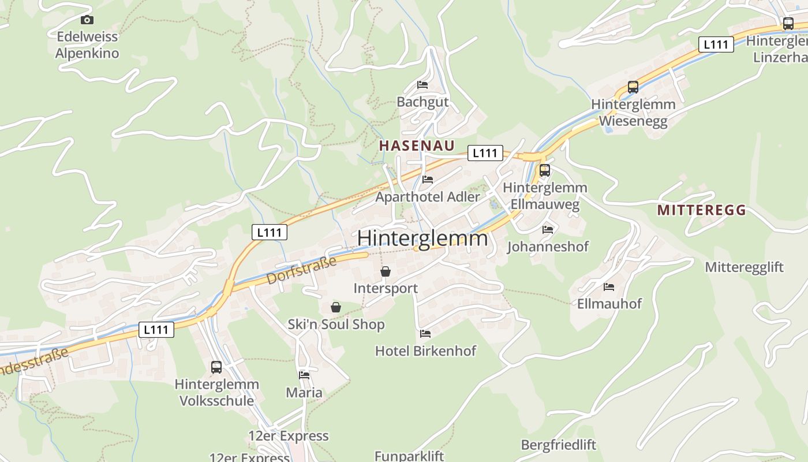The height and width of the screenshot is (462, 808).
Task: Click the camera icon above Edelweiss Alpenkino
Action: point(87,20)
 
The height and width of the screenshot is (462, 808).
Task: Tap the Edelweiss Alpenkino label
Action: point(87,45)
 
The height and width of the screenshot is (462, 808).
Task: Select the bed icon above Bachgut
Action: point(422,85)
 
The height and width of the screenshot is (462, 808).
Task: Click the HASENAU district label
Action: point(417,146)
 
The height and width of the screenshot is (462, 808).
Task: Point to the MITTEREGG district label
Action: point(701,210)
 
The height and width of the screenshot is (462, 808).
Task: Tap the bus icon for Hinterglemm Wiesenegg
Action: point(633,87)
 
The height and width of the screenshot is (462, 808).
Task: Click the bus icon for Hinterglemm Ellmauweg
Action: point(544,170)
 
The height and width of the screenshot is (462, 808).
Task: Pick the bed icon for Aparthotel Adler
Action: point(428,180)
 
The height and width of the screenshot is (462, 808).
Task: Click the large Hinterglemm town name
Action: point(422,238)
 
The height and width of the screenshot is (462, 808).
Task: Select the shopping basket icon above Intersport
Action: point(386,271)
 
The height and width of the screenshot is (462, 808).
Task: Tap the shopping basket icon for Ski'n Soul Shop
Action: point(336,307)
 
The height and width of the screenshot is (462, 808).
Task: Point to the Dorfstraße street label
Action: point(301,271)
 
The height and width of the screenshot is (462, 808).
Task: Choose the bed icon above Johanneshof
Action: point(548,230)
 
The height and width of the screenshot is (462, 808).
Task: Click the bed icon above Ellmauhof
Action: point(609,286)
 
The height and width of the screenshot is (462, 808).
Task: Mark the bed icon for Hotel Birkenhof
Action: point(425,334)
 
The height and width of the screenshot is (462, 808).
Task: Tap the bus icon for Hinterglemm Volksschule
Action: point(216,367)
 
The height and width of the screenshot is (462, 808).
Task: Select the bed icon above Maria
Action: point(304,375)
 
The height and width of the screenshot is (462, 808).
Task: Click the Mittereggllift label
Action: point(745,267)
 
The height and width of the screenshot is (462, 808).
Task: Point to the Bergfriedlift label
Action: point(558,445)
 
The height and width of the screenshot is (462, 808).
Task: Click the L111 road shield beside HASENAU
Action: point(485,153)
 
